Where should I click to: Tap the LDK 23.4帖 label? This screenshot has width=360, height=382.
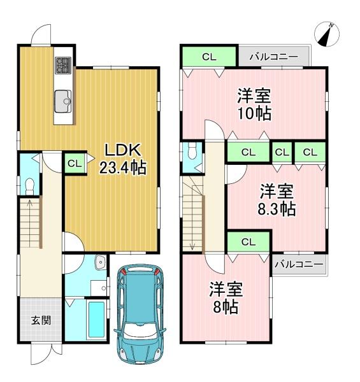pyautogui.click(x=122, y=159)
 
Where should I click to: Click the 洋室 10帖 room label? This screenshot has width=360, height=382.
pyautogui.click(x=254, y=105)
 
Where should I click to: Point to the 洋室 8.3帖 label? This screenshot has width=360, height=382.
pyautogui.click(x=276, y=199)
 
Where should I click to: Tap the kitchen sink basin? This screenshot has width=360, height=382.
pyautogui.click(x=64, y=99)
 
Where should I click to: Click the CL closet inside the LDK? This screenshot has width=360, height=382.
pyautogui.click(x=75, y=163)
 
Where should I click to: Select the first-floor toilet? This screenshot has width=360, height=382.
pyautogui.click(x=28, y=184)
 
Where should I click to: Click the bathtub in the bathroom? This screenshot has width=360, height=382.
pyautogui.click(x=97, y=321)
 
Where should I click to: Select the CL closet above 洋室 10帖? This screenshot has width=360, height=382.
pyautogui.click(x=209, y=57)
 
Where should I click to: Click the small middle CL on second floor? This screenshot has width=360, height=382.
pyautogui.click(x=280, y=152)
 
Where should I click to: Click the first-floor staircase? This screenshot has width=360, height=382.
pyautogui.click(x=31, y=223)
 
